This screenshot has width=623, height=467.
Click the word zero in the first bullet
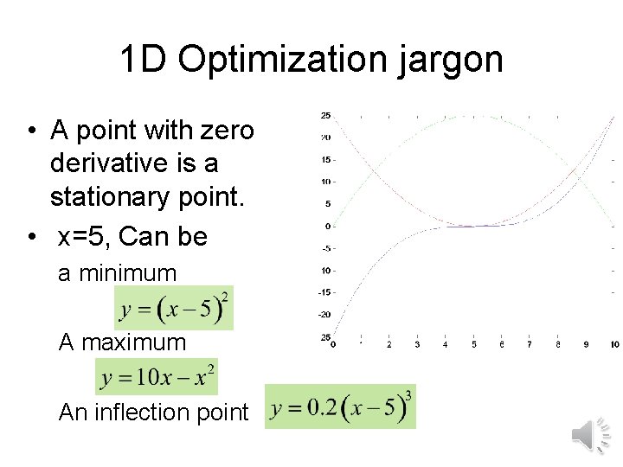(x=227, y=131)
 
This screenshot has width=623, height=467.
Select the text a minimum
(x=117, y=274)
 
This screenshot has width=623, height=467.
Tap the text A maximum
(x=122, y=342)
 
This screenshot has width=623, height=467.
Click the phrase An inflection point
(x=153, y=413)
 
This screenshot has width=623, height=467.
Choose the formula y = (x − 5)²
(x=174, y=309)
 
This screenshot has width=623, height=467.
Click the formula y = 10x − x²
(x=157, y=378)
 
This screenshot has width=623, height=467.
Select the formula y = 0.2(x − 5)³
(x=340, y=406)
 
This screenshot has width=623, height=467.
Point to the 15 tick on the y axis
(x=326, y=159)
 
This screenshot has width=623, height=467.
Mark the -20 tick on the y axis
(x=325, y=314)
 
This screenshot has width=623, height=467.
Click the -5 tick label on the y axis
(x=326, y=248)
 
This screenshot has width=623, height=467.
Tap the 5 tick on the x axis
(x=473, y=344)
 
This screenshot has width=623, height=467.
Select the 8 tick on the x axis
(x=558, y=344)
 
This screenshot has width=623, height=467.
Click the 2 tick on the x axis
(x=389, y=344)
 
